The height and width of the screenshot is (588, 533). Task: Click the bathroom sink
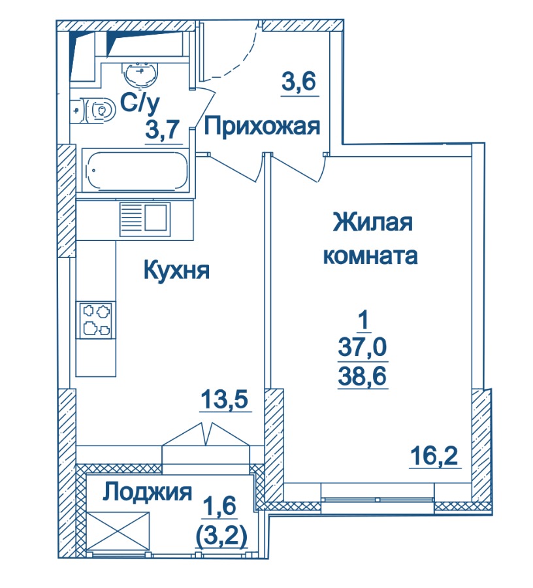pyautogui.click(x=140, y=74)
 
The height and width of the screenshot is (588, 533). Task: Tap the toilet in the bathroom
pyautogui.click(x=93, y=110)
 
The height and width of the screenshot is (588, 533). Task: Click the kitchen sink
pyautogui.click(x=145, y=219)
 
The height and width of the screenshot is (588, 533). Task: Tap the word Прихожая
pyautogui.click(x=262, y=126)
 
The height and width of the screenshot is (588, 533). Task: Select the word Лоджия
pyautogui.click(x=148, y=493)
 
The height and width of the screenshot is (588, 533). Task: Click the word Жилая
pyautogui.click(x=373, y=222)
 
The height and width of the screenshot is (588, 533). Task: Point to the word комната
pyautogui.click(x=370, y=256)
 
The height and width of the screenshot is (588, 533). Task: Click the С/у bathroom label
pyautogui.click(x=140, y=103)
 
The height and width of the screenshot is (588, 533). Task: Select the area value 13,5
pyautogui.click(x=225, y=399)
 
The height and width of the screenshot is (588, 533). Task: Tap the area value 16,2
pyautogui.click(x=434, y=457)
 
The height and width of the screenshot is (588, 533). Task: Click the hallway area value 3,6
pyautogui.click(x=299, y=82)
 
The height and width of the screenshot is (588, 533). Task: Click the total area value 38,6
pyautogui.click(x=362, y=376)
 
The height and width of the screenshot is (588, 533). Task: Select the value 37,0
pyautogui.click(x=362, y=347)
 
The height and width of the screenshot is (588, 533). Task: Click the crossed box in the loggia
pyautogui.click(x=118, y=532)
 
